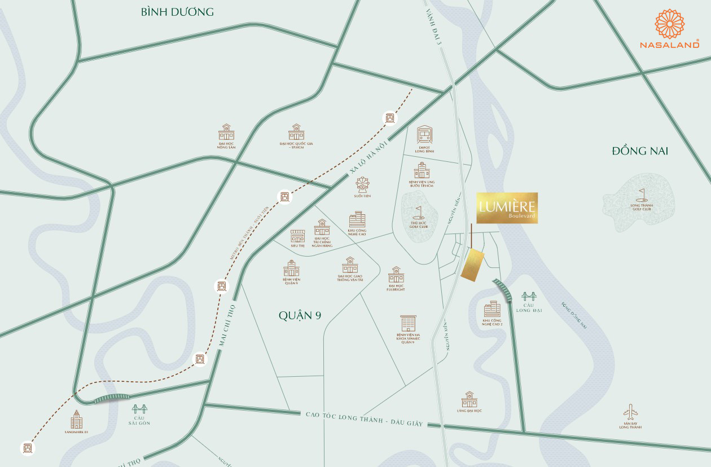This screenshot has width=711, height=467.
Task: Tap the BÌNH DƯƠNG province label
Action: click(177, 12)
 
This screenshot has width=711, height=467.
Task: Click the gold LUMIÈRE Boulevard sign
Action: click(507, 208)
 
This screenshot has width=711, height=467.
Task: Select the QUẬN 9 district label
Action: click(300, 315)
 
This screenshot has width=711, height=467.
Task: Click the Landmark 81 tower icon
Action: click(76, 420)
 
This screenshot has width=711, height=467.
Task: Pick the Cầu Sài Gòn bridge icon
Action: click(139, 409)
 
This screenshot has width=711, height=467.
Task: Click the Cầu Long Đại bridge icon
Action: click(529, 297)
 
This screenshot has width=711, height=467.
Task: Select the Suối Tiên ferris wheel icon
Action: click(361, 185)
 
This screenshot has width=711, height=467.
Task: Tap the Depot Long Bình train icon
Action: click(424, 135)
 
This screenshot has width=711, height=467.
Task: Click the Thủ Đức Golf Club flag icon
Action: click(418, 212)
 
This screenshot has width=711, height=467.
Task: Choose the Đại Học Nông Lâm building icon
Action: click(226, 133)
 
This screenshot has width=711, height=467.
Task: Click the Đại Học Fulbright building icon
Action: click(396, 275)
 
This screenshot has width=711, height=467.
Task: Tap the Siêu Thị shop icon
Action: click(297, 236)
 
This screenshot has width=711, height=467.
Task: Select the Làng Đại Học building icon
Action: click(469, 399)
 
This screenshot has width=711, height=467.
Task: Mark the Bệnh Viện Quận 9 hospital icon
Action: click(291, 268)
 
